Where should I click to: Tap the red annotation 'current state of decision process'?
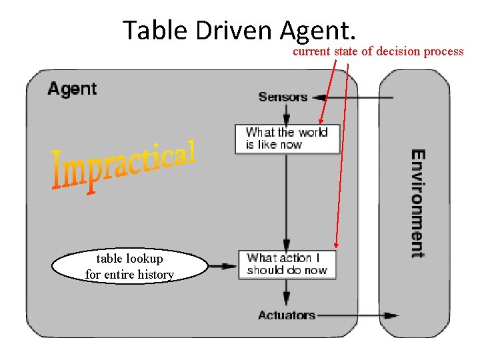click(378, 51)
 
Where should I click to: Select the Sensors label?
click(283, 97)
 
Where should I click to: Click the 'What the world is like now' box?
click(287, 139)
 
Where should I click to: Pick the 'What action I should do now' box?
click(287, 264)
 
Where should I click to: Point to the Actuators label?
click(287, 315)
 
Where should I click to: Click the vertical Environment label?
click(417, 203)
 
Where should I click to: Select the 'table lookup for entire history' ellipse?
click(129, 267)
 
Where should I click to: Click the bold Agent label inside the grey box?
click(72, 89)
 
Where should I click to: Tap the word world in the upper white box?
click(313, 132)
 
